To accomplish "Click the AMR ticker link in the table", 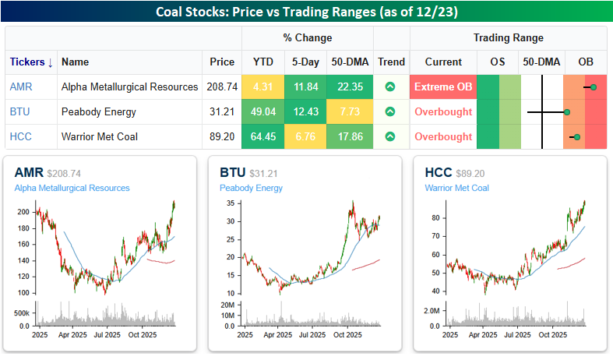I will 20,86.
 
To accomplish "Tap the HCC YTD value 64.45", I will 263,136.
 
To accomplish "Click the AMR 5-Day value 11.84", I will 306,86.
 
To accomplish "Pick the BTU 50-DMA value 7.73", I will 351,111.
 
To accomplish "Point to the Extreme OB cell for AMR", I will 442,86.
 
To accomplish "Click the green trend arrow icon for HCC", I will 391,136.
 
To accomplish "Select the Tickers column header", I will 32,62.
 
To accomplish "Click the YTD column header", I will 263,62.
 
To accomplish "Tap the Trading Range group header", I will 508,37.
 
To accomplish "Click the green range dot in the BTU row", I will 566,112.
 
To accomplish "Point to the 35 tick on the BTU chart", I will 231,203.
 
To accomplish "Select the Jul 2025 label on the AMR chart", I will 117,335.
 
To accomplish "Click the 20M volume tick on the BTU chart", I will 228,305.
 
